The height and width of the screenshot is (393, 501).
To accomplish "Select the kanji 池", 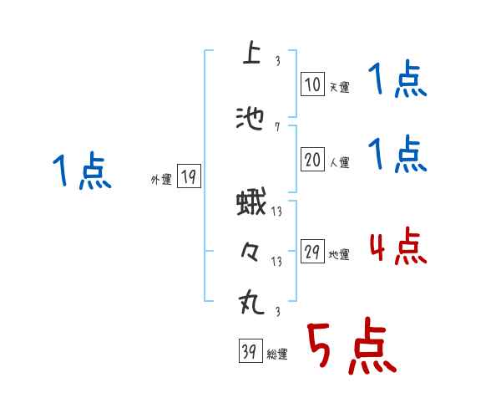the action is pyautogui.click(x=250, y=119).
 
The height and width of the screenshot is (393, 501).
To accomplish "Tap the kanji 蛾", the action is pyautogui.click(x=250, y=204).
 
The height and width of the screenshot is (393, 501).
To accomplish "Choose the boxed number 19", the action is pyautogui.click(x=189, y=176).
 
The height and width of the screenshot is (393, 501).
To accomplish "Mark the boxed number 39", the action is pyautogui.click(x=249, y=353).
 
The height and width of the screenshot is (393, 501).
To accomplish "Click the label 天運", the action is pyautogui.click(x=339, y=87).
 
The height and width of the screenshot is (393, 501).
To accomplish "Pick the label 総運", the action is pyautogui.click(x=277, y=355).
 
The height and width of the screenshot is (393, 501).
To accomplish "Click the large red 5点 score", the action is pyautogui.click(x=351, y=348).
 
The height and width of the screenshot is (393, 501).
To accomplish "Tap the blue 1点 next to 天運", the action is pyautogui.click(x=397, y=82).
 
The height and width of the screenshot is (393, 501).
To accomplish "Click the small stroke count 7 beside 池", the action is pyautogui.click(x=277, y=127).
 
